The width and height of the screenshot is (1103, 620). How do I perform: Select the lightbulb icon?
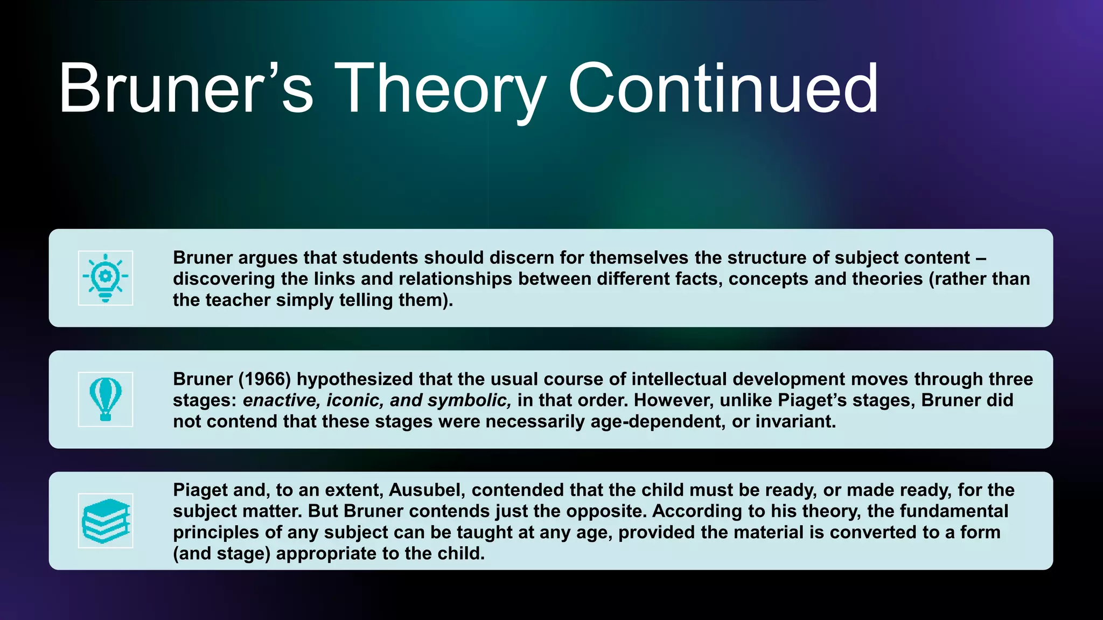(x=106, y=278)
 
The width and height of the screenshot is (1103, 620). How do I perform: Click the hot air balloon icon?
(x=106, y=399)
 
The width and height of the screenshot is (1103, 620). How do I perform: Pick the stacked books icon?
(x=106, y=520)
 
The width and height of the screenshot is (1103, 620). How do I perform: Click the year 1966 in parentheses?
(x=264, y=379)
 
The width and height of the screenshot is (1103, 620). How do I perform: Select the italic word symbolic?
(x=469, y=400)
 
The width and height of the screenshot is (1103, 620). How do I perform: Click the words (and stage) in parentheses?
(x=221, y=553)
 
